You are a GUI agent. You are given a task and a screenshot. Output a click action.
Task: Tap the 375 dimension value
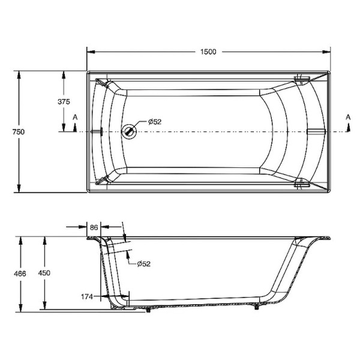(x=64, y=102)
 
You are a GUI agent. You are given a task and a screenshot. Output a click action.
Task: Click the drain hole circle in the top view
(x=129, y=131)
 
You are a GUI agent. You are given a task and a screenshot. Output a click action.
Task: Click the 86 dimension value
(x=94, y=227)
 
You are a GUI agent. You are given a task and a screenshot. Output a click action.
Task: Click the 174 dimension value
(x=88, y=296)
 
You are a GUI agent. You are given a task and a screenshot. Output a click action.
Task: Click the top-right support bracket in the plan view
(x=302, y=78)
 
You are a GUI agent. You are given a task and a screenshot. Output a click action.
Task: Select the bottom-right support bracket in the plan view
(x=302, y=185)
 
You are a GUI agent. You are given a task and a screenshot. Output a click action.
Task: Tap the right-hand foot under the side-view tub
(x=257, y=308)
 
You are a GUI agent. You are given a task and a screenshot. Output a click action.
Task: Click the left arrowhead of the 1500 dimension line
(x=90, y=52)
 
